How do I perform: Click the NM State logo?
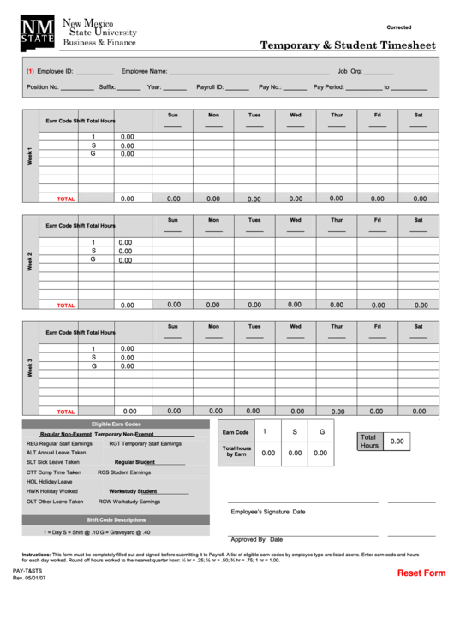[38, 31]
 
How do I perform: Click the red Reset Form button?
[421, 573]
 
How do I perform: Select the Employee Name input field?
[248, 73]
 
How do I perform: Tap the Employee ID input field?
[94, 73]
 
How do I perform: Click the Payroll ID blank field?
[237, 87]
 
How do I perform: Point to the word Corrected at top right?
[399, 27]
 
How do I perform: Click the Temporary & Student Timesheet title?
[348, 45]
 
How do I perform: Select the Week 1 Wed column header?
[296, 115]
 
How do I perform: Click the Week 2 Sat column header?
[418, 220]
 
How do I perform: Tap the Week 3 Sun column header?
[172, 326]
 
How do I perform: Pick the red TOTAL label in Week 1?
[66, 199]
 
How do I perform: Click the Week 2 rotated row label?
[30, 261]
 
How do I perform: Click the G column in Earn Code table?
[322, 432]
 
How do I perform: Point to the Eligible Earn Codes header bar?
[116, 424]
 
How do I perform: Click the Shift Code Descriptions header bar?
[116, 519]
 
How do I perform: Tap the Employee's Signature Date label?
[267, 512]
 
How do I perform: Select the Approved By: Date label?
[257, 540]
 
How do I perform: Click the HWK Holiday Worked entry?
[52, 491]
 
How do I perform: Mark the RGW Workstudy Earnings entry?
[129, 502]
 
